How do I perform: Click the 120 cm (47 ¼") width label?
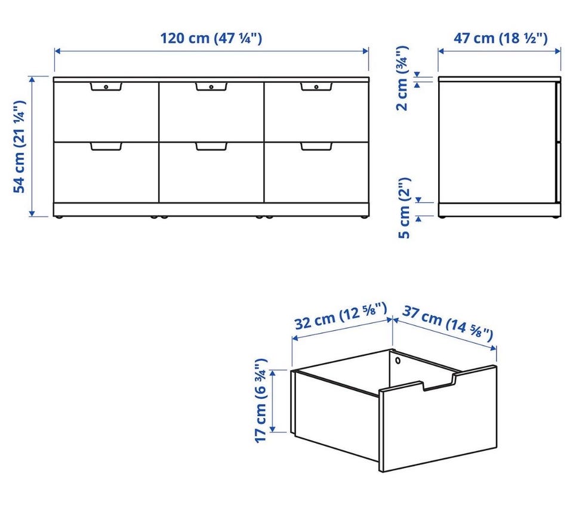211,38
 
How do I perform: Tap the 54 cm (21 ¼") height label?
19,146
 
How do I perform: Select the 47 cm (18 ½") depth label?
501,38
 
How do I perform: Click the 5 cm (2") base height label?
404,208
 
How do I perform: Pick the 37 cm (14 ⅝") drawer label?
448,324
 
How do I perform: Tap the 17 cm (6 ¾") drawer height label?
261,401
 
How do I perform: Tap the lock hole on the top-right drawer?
316,87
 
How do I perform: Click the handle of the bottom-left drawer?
106,146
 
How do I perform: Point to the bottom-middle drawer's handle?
211,146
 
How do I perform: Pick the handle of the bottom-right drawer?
316,146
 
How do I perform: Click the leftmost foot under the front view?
59,217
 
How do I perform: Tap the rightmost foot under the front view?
363,217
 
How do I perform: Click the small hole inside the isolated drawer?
398,361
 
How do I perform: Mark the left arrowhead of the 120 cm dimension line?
57,51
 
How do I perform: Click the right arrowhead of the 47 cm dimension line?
557,51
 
